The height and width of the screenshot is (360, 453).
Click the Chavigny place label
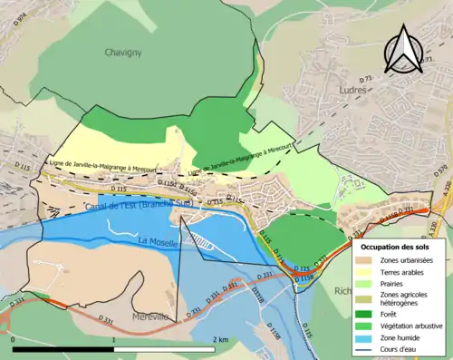124,53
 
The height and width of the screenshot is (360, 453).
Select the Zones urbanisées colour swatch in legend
365,261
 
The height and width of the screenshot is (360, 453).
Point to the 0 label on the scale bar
14,339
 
